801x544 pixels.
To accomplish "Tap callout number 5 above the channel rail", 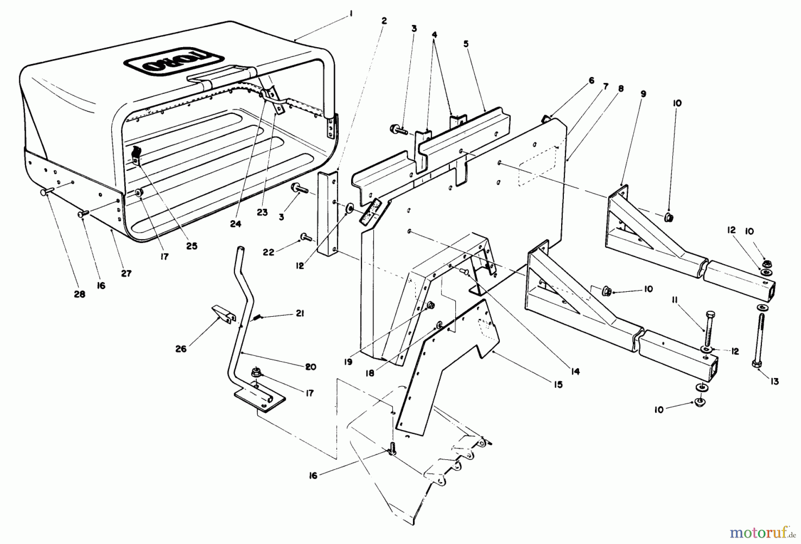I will tap(466, 44).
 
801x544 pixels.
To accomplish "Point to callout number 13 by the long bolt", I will tap(775, 382).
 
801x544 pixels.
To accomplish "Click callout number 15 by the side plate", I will tap(558, 384).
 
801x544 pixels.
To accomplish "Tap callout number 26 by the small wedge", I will tap(181, 349).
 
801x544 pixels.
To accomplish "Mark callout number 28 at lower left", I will tap(80, 294).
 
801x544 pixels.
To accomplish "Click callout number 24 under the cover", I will tap(235, 224).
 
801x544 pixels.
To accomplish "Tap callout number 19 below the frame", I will tap(348, 362).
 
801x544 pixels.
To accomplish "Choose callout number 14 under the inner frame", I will tap(576, 371).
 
